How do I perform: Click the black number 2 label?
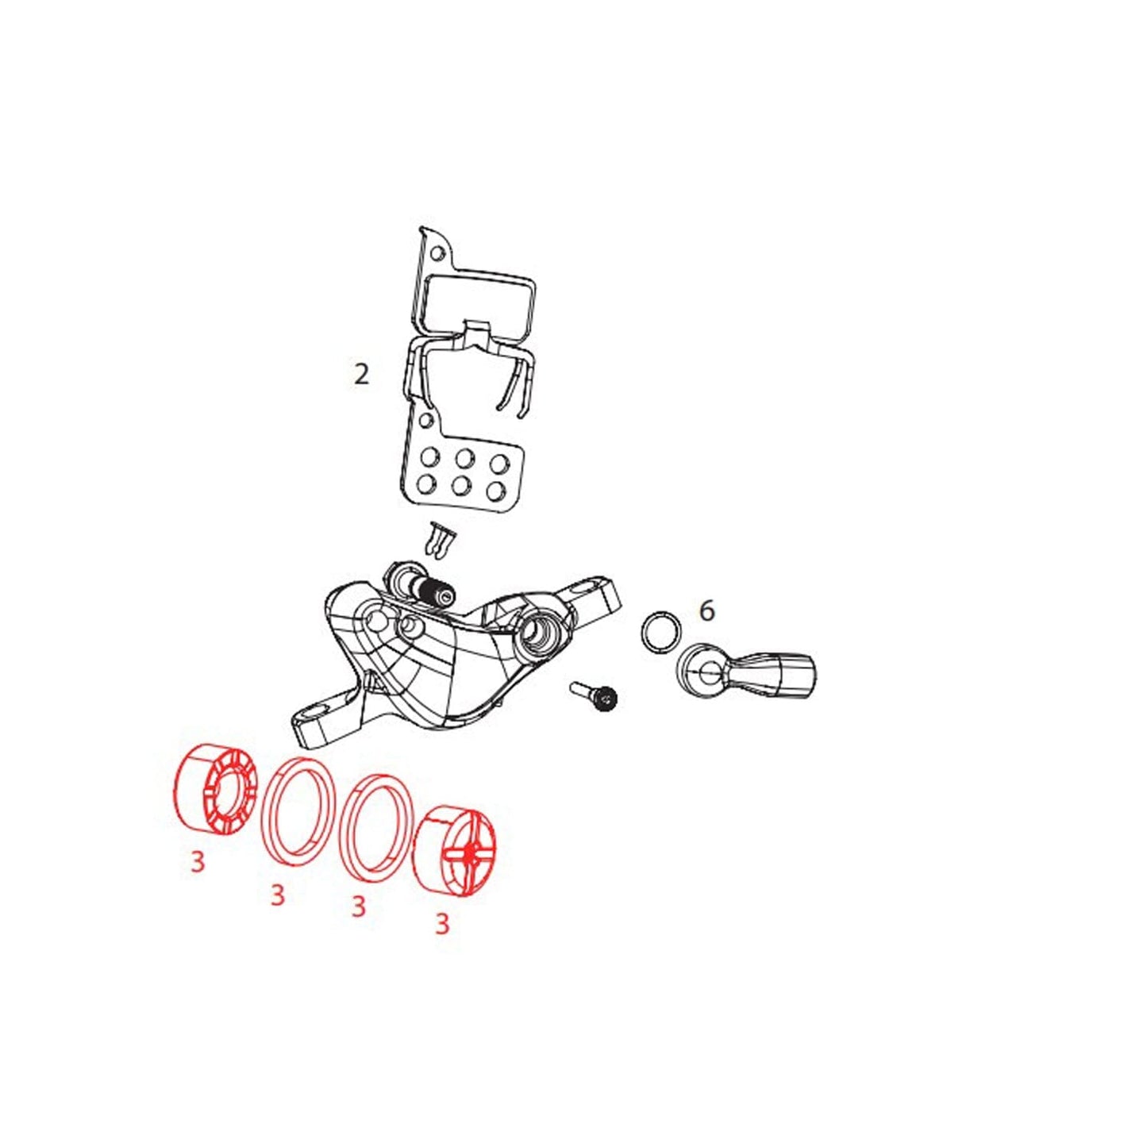[361, 374]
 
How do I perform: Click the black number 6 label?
[706, 610]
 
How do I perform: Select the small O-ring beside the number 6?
[660, 631]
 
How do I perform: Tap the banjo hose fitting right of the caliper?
[745, 674]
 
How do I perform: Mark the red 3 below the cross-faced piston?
[441, 941]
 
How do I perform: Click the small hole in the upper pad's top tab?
[438, 255]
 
